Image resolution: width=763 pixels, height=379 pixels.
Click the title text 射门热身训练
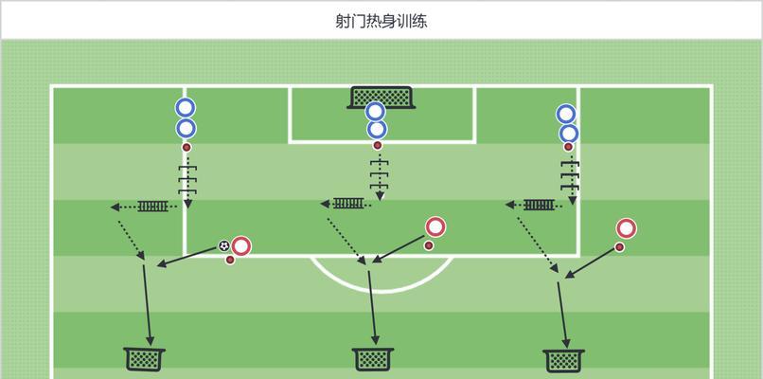pos(381,22)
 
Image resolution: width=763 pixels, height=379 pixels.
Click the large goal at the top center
pos(381,98)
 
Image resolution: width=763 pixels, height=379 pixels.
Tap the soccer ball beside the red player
pos(223,246)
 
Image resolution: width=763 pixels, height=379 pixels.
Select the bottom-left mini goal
pos(145,359)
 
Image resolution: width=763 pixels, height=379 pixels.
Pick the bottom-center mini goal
pos(373,359)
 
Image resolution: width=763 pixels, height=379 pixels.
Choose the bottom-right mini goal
pos(563,360)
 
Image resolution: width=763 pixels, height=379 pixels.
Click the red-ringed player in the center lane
pos(435,227)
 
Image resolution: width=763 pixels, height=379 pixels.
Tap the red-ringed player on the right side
pos(627,228)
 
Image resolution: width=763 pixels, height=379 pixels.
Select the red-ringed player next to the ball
pos(240,246)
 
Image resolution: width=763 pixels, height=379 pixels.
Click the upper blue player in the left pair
pos(186,108)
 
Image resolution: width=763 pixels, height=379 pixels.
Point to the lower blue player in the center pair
pos(377,130)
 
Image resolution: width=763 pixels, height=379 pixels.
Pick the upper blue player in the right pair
pos(566,114)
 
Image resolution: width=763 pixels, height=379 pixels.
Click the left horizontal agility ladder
pos(152,206)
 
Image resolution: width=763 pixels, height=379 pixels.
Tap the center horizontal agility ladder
pos(348,203)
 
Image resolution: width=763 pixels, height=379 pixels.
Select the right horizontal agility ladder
pos(540,205)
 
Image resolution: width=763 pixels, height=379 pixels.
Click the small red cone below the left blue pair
pos(186,147)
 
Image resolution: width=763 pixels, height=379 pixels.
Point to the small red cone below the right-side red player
pos(619,247)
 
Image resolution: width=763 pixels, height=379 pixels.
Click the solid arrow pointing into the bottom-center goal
pos(372,308)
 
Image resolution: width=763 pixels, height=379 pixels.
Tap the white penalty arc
pos(381,274)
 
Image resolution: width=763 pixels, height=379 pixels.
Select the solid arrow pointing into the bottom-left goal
pos(147,305)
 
